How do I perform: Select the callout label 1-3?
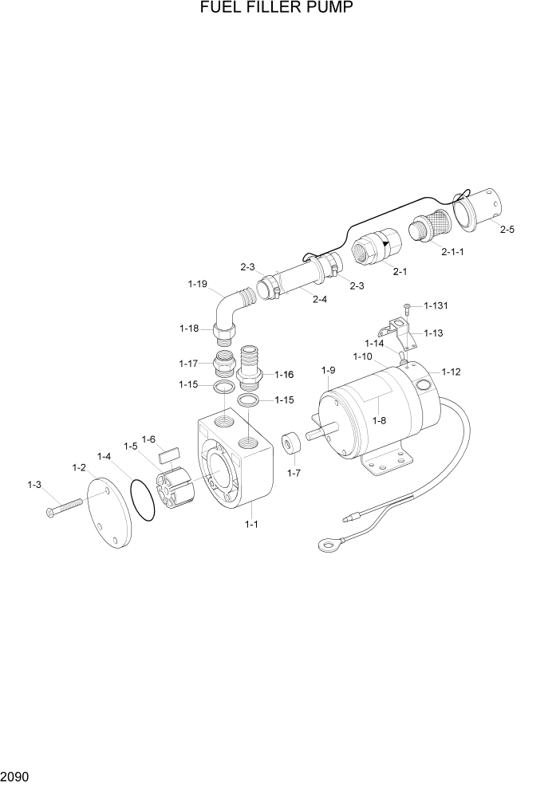[34, 484]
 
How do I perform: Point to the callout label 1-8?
[379, 421]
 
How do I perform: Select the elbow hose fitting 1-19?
[231, 313]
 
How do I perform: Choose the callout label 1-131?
[436, 305]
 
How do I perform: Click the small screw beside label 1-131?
[407, 306]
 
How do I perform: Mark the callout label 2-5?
[507, 230]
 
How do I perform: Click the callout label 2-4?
[320, 300]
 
